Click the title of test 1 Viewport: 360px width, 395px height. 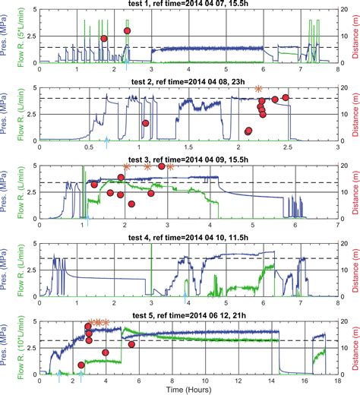(178, 5)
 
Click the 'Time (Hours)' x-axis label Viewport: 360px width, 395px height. (180, 388)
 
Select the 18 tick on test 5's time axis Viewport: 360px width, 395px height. (333, 380)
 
